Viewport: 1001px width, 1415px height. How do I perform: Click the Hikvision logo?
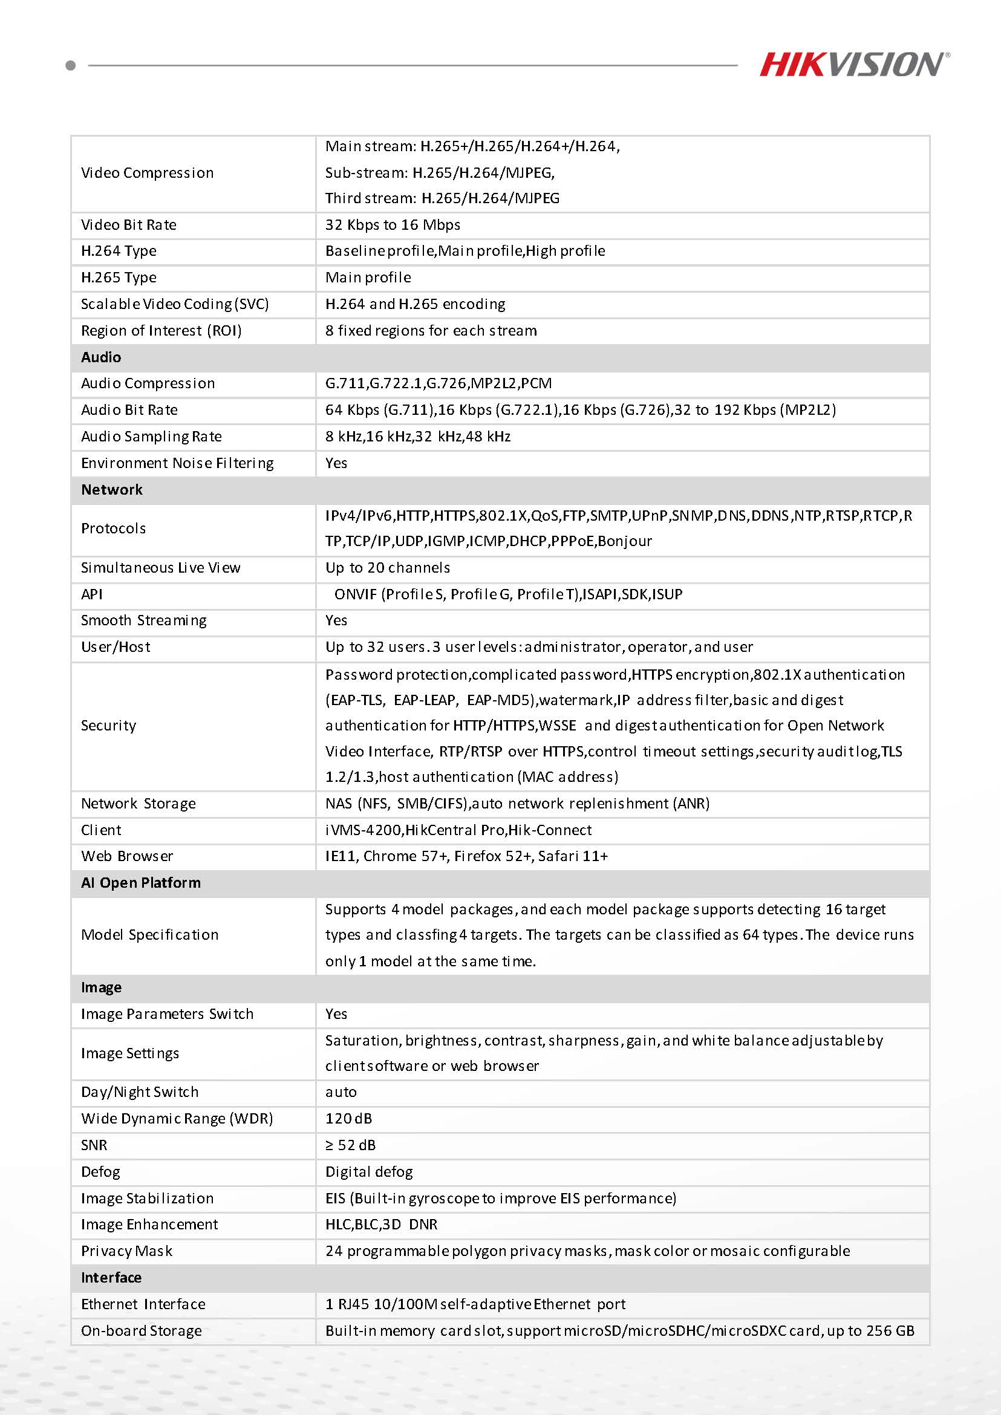click(x=853, y=65)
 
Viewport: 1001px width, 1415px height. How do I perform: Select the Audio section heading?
click(x=101, y=357)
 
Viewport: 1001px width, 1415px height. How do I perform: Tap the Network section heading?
click(x=111, y=490)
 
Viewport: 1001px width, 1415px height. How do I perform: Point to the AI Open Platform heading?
click(x=140, y=882)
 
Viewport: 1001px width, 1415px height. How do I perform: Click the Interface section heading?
click(x=111, y=1278)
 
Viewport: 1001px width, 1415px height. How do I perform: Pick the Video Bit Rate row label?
click(x=128, y=225)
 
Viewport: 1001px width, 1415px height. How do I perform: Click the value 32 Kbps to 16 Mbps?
click(x=393, y=225)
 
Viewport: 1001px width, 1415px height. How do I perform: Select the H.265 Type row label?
click(x=119, y=278)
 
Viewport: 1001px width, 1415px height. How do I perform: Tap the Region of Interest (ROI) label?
click(x=161, y=331)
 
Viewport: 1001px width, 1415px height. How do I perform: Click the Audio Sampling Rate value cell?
click(x=418, y=437)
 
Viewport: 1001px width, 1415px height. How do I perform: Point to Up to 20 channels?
click(x=387, y=568)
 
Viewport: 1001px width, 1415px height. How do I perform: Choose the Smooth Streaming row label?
click(x=143, y=620)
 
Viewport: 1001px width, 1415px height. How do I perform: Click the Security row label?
click(x=108, y=726)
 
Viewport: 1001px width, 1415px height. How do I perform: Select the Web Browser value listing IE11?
click(x=466, y=856)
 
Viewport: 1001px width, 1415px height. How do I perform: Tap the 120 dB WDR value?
click(x=349, y=1119)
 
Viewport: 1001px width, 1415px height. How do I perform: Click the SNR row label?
click(x=94, y=1145)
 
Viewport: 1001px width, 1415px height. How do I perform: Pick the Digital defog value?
click(x=368, y=1171)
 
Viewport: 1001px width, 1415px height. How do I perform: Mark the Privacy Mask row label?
click(x=126, y=1251)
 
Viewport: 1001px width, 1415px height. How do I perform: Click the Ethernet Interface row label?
click(x=143, y=1304)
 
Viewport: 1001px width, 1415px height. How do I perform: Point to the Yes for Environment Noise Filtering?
click(x=336, y=463)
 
